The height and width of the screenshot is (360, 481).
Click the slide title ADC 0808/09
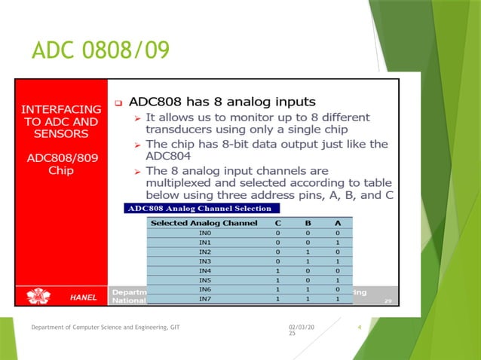click(x=100, y=50)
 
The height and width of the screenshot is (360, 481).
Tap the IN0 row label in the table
click(x=204, y=233)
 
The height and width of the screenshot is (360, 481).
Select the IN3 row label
click(x=204, y=261)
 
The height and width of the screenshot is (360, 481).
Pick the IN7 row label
click(x=204, y=298)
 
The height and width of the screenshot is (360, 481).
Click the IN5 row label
click(x=204, y=279)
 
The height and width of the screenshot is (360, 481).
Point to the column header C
click(x=278, y=223)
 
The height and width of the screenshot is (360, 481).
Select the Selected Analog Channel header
click(x=204, y=223)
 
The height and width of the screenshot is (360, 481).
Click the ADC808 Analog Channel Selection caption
click(x=203, y=208)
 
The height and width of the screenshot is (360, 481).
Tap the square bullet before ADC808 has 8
click(x=118, y=101)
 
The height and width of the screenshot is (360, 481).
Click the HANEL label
click(x=83, y=297)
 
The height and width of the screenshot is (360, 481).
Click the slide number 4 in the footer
click(x=360, y=325)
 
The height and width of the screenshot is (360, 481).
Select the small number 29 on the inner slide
click(x=388, y=301)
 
